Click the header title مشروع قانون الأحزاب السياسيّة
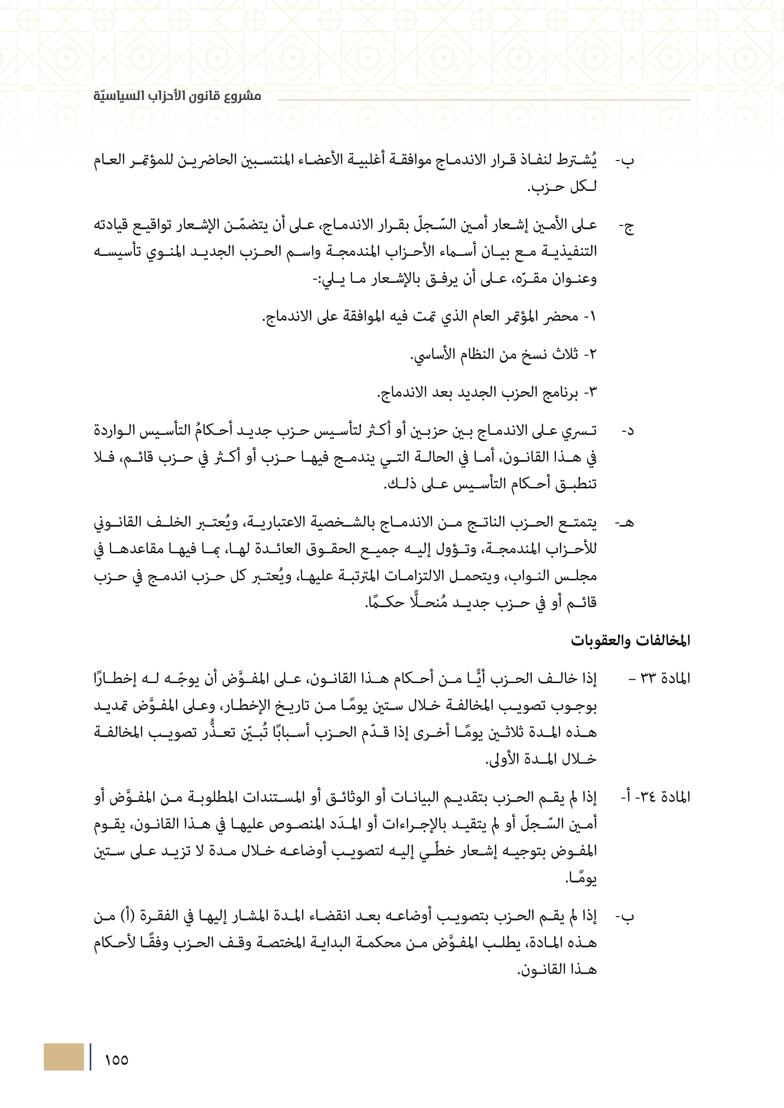(x=177, y=96)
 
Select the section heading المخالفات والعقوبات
(x=630, y=640)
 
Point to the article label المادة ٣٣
(x=665, y=678)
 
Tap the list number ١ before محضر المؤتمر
(x=593, y=317)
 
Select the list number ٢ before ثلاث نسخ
(x=593, y=355)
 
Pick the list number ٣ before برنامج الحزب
(x=593, y=393)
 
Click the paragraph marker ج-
(x=627, y=227)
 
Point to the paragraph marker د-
(x=627, y=431)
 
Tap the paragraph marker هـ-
(x=625, y=522)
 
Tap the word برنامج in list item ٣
(x=560, y=393)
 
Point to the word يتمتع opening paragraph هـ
(x=577, y=522)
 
